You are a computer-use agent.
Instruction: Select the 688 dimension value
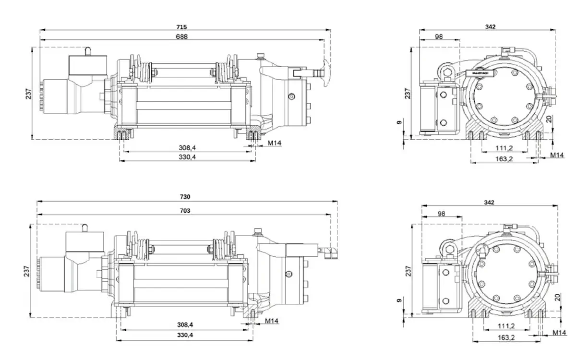[181, 36]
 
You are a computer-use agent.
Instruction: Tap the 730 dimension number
[185, 197]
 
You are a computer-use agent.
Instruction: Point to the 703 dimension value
[185, 210]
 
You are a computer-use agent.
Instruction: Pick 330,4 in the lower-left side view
[185, 335]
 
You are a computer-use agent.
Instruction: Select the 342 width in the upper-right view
[490, 27]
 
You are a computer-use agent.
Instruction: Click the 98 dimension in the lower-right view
[442, 214]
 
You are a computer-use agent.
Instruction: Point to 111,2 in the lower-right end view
[506, 326]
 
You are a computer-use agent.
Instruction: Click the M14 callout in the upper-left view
[274, 143]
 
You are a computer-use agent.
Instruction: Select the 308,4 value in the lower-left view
[185, 324]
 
